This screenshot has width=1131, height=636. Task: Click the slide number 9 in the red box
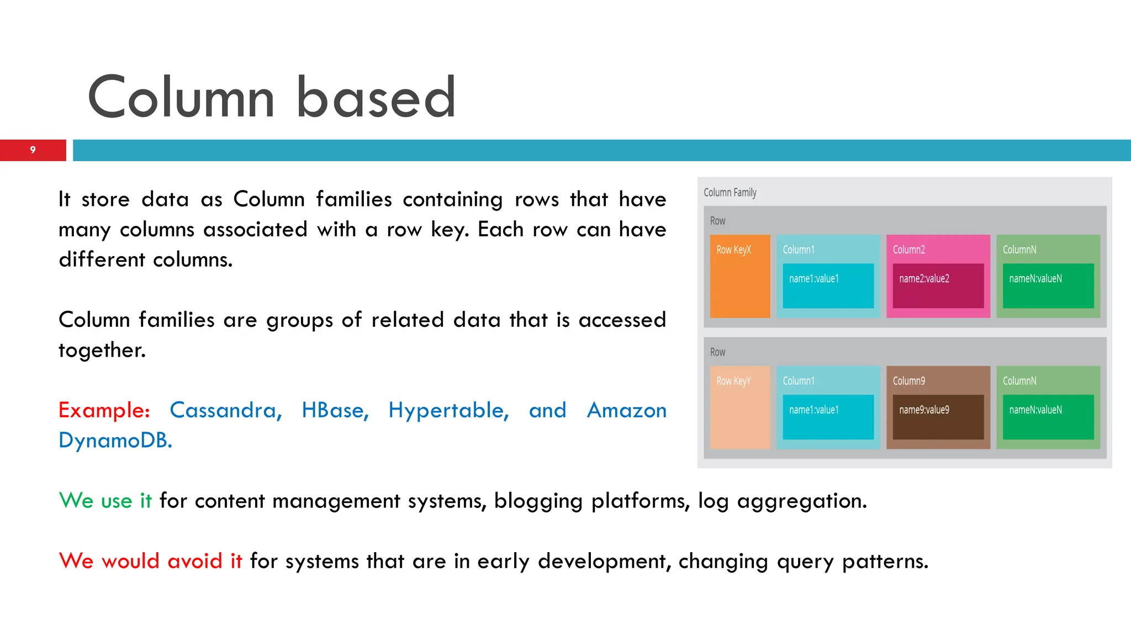pyautogui.click(x=33, y=150)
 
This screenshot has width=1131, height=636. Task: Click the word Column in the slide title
pyautogui.click(x=181, y=98)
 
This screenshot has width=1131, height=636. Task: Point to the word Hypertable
pyautogui.click(x=448, y=410)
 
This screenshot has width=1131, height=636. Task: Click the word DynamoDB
pyautogui.click(x=115, y=441)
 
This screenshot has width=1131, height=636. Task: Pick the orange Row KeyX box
pyautogui.click(x=739, y=276)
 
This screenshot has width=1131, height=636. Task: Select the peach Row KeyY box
pyautogui.click(x=739, y=407)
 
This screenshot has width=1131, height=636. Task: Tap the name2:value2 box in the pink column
pyautogui.click(x=938, y=285)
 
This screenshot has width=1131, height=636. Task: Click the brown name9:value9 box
pyautogui.click(x=938, y=417)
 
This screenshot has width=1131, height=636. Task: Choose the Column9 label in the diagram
pyautogui.click(x=908, y=381)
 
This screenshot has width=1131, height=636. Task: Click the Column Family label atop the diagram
pyautogui.click(x=730, y=192)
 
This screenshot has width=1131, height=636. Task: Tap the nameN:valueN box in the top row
pyautogui.click(x=1048, y=285)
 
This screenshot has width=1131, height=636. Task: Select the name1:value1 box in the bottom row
pyautogui.click(x=827, y=417)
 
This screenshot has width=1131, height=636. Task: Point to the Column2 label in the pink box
pyautogui.click(x=908, y=250)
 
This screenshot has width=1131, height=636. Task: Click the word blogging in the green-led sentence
pyautogui.click(x=538, y=501)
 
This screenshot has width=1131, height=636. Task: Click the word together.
pyautogui.click(x=102, y=350)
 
